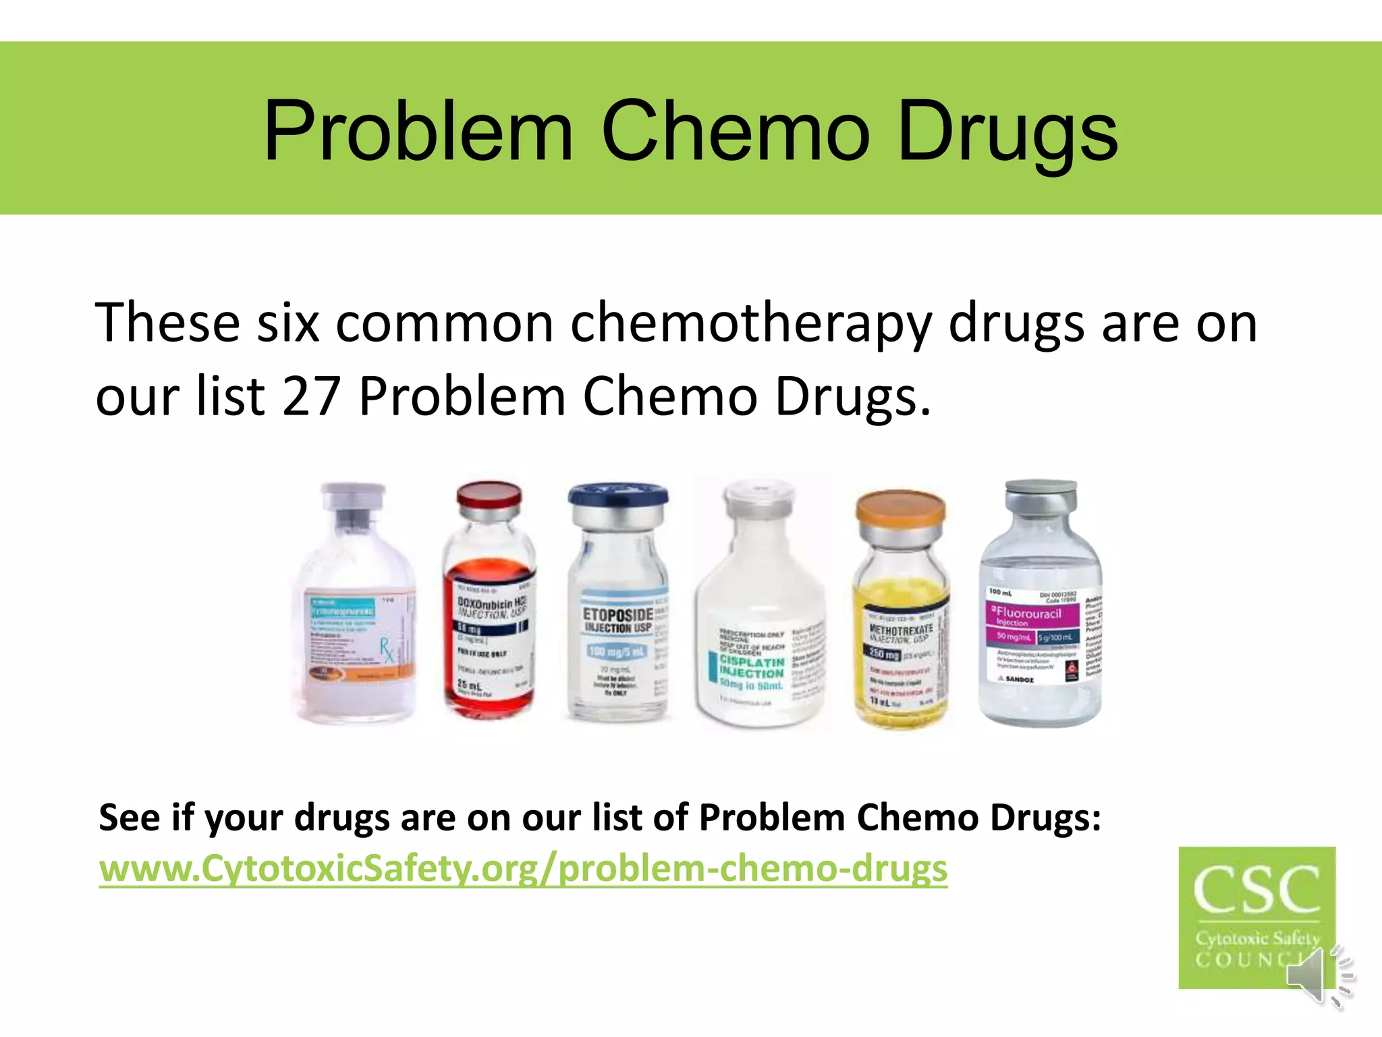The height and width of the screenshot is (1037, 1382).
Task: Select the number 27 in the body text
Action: click(x=311, y=396)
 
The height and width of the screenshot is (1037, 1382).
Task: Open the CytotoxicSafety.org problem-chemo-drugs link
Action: click(x=523, y=869)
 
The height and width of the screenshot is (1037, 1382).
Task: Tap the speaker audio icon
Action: click(x=1320, y=976)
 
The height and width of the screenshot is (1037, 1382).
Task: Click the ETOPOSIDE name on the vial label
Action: click(x=617, y=615)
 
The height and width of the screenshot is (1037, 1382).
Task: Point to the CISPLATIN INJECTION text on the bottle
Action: click(x=751, y=667)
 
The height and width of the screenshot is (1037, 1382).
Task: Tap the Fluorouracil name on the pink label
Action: click(x=1028, y=614)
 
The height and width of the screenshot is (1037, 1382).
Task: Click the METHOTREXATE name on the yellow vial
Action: click(x=901, y=629)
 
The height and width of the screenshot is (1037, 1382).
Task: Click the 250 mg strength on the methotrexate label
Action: click(x=883, y=654)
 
